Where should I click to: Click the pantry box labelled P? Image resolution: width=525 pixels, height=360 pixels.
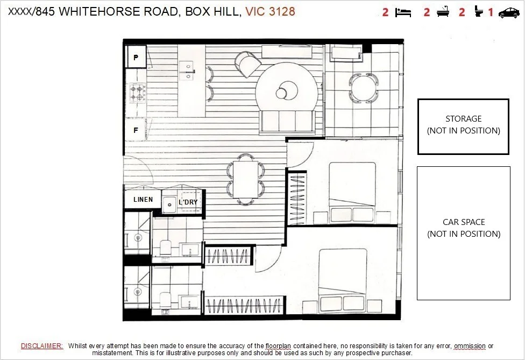coord(136,57)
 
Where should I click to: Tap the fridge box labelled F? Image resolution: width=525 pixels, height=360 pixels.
coord(136,130)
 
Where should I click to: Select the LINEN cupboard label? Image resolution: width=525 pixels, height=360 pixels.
coord(143,200)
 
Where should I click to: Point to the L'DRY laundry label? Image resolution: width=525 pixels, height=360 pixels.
coord(188,202)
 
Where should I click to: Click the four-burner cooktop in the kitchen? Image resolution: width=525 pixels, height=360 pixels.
coord(138,93)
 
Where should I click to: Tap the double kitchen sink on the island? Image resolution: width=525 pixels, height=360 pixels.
coord(186,70)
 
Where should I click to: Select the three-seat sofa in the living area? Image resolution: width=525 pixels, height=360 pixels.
coord(287,122)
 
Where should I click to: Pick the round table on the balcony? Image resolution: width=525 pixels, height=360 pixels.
coord(364,88)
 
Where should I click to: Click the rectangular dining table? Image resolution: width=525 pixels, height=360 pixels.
coord(246,180)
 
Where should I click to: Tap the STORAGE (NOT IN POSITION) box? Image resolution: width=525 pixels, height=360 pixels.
coord(463,126)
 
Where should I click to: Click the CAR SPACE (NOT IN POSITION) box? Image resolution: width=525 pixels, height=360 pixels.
coord(464,233)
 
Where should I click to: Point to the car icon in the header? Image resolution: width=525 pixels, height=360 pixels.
coord(509,13)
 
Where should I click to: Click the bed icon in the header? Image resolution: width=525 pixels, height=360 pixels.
coord(403,13)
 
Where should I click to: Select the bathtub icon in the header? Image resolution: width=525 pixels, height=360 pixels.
coord(443,12)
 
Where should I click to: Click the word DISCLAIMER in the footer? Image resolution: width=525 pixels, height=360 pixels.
coord(42,346)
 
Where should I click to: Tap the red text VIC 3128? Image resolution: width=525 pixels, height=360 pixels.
coord(270,11)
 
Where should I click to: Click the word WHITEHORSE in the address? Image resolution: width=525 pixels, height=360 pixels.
coord(100,11)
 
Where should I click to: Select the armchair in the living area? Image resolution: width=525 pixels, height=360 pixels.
coord(247,63)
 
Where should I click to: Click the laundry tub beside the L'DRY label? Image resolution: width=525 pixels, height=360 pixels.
coord(169,204)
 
